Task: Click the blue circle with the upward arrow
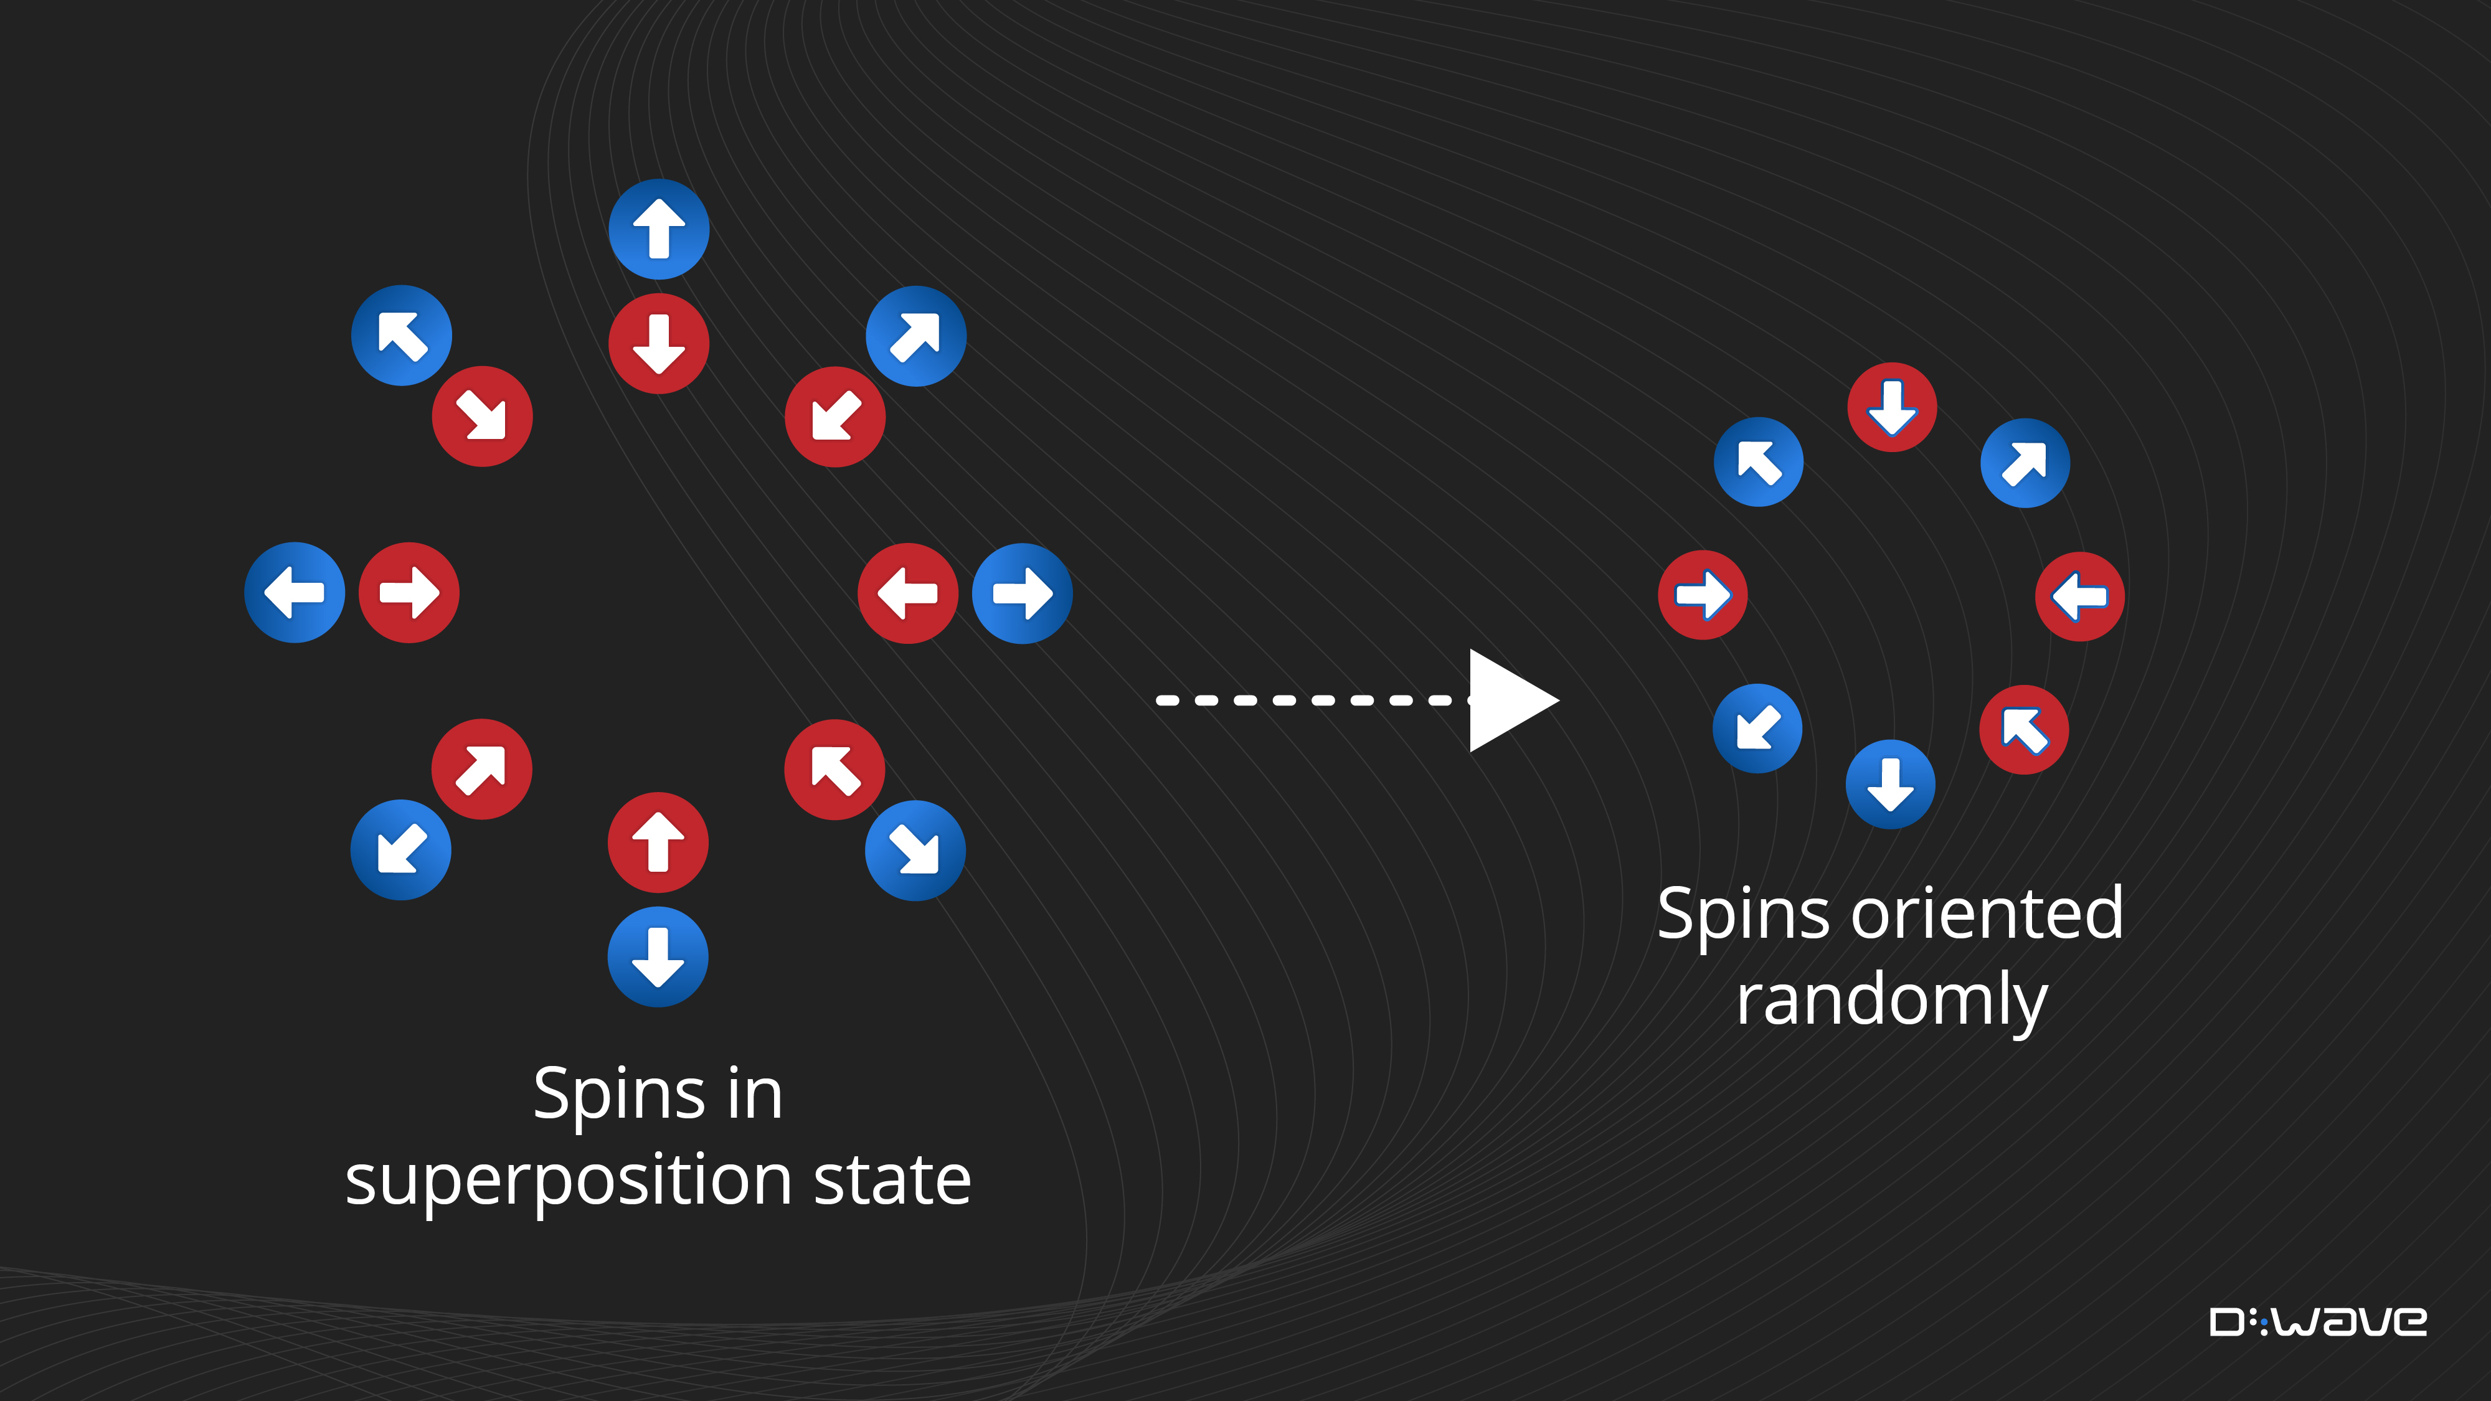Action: point(658,229)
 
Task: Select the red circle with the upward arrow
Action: point(658,842)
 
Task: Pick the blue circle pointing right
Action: point(1022,593)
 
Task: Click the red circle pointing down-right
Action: point(481,417)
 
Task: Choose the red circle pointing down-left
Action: point(834,417)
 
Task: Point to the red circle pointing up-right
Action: point(481,770)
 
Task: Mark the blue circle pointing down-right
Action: point(915,851)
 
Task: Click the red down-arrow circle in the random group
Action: point(1891,407)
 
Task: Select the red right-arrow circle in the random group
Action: point(1703,595)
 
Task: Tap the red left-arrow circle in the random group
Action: point(2080,597)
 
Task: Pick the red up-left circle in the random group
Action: point(2024,730)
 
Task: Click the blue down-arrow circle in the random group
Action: point(1891,784)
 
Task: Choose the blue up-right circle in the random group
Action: point(2025,463)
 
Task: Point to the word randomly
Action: point(1891,1000)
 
